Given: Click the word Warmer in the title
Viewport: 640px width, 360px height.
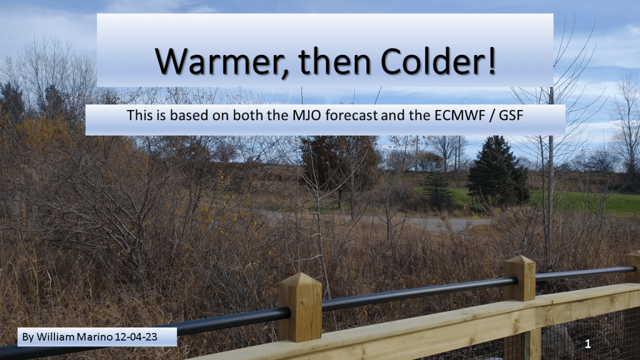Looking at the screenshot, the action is [221, 62].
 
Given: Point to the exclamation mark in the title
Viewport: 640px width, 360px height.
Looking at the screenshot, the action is [491, 61].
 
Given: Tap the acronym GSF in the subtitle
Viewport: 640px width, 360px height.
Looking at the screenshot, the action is [511, 116].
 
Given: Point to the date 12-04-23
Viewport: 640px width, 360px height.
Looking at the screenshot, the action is [136, 337].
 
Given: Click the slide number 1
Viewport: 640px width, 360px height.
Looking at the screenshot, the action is [587, 344].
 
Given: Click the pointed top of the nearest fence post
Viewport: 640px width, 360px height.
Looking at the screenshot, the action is [301, 274].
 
